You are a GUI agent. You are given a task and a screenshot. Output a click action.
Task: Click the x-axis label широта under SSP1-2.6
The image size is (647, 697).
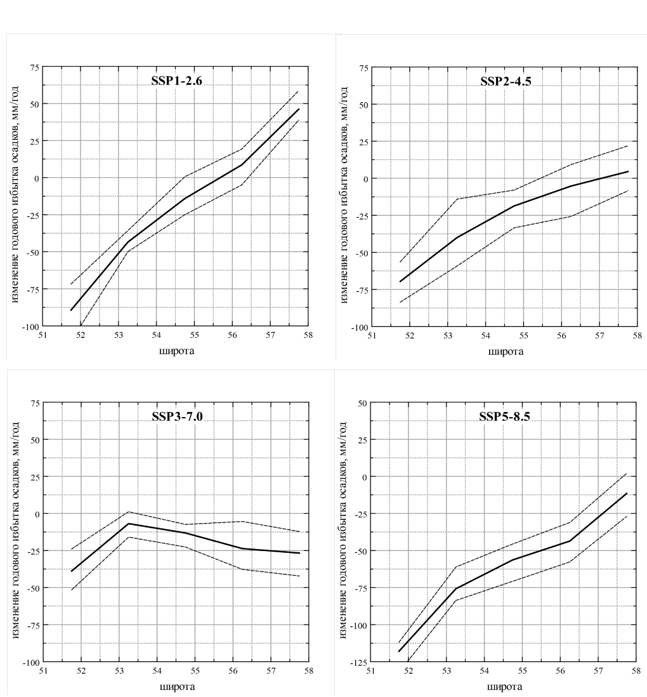[176, 350]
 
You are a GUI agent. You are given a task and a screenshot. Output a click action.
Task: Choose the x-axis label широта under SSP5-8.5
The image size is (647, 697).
[505, 686]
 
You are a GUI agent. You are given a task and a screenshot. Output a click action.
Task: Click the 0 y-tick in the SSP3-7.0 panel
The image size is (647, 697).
[37, 514]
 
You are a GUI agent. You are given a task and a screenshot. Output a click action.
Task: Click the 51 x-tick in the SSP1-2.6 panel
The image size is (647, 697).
[42, 335]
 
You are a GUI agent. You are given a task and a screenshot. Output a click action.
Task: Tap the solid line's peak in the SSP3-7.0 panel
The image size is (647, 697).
[129, 524]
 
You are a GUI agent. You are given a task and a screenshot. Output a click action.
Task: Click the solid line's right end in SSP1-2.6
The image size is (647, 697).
[299, 109]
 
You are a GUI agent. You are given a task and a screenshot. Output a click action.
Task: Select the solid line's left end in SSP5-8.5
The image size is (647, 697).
[399, 651]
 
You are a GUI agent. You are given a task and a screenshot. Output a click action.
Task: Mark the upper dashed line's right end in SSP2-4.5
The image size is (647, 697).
[627, 146]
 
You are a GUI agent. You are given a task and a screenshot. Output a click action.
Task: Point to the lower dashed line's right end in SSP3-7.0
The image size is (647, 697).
[299, 576]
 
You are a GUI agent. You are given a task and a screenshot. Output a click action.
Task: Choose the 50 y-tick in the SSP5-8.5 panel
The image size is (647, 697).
[362, 402]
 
